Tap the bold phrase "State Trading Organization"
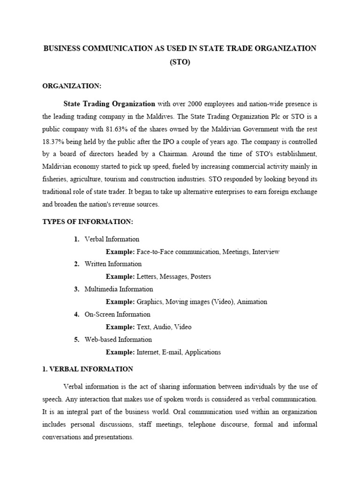click(109, 104)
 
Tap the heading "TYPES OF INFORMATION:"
click(88, 222)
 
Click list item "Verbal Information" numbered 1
click(112, 239)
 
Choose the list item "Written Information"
click(113, 264)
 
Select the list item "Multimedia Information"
click(119, 289)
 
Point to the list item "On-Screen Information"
click(117, 314)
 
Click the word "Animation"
click(252, 302)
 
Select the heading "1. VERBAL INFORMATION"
click(88, 369)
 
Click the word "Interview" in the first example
click(265, 252)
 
